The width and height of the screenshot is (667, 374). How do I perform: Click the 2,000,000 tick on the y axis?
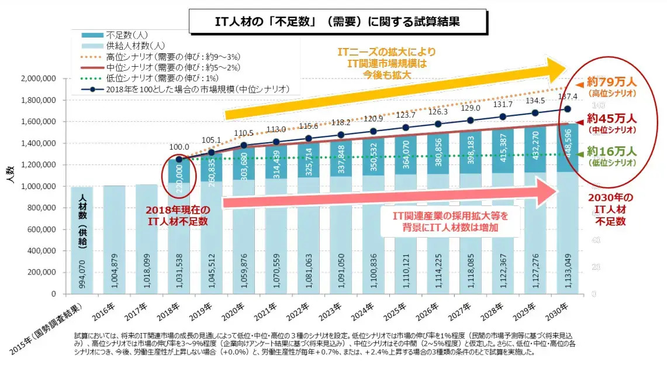(x=38, y=78)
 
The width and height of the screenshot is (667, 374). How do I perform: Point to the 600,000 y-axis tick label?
(x=40, y=229)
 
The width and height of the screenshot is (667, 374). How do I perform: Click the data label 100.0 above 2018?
(x=179, y=147)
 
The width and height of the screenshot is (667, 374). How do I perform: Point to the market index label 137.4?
(x=569, y=97)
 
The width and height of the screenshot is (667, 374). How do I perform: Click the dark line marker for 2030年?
(x=567, y=109)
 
